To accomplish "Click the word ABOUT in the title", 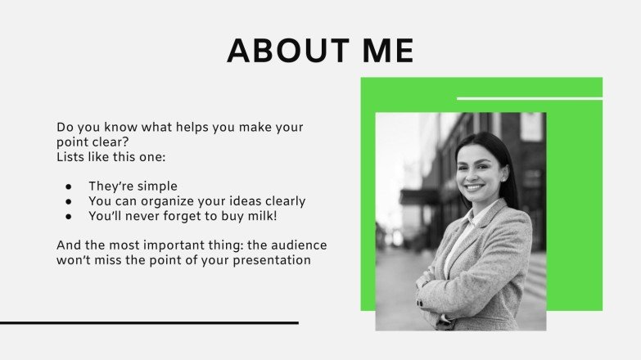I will (283, 51).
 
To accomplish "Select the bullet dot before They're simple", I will (70, 186).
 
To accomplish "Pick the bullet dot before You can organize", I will (70, 201).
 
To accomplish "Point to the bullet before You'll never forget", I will (70, 217).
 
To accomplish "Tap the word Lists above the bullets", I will (71, 156).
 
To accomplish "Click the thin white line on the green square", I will (529, 98).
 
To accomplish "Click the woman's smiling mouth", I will (474, 187).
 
